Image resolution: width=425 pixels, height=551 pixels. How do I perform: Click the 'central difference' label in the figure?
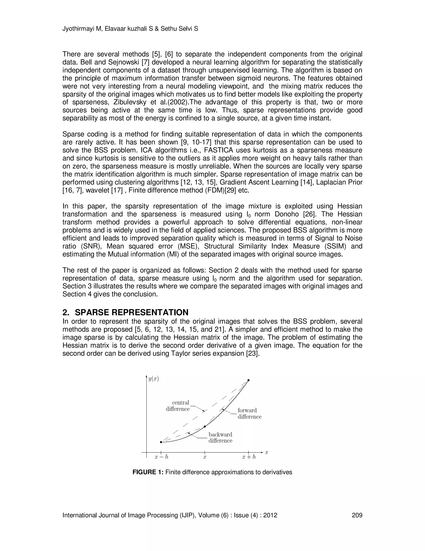(x=178, y=406)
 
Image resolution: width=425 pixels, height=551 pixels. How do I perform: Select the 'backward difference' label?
(x=220, y=437)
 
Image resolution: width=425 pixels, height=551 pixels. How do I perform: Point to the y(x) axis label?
(x=153, y=379)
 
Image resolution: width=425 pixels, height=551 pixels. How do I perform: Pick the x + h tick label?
(x=249, y=457)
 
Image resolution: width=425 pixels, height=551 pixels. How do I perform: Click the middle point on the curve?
(x=205, y=427)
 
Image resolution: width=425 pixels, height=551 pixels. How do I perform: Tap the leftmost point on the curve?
(x=161, y=442)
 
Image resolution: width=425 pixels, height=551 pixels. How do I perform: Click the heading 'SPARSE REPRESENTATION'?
(x=131, y=312)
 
